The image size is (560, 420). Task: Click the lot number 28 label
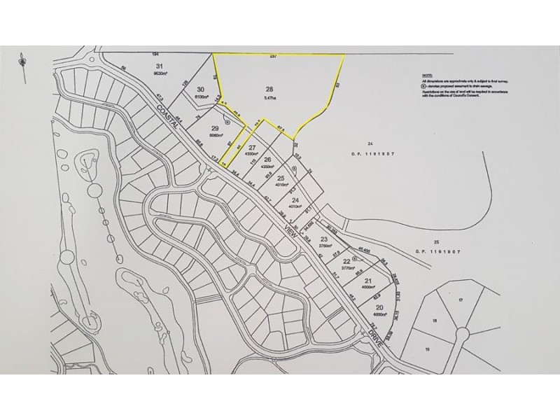click(269, 89)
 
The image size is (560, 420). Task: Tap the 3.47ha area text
click(269, 99)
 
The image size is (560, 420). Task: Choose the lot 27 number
click(253, 147)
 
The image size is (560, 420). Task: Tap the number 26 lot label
click(267, 160)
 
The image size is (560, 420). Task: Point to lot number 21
click(369, 281)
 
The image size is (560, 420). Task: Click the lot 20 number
click(379, 308)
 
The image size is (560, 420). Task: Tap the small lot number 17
click(461, 300)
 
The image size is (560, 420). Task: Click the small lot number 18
click(434, 320)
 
